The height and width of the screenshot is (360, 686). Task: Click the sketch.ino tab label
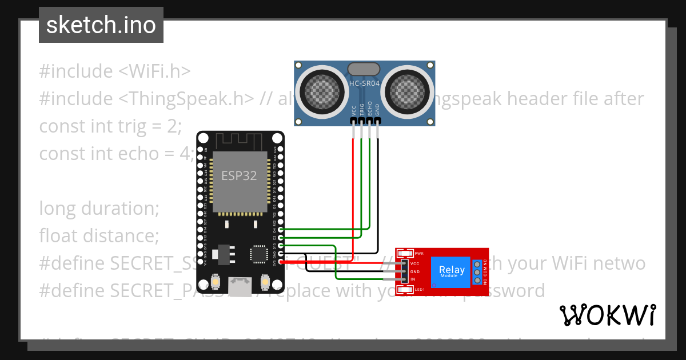point(101,25)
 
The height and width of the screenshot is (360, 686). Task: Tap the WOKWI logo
point(607,315)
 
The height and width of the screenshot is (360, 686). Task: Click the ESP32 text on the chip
point(240,175)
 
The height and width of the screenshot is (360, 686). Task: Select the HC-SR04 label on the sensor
point(364,83)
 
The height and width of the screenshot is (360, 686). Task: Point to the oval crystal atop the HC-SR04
point(364,69)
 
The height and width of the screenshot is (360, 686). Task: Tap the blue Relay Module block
point(452,271)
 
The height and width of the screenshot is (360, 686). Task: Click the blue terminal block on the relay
point(476,271)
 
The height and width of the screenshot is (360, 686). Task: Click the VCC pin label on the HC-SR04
point(354,110)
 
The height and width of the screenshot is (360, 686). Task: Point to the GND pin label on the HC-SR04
point(377,110)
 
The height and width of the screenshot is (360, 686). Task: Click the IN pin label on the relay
point(413,279)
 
